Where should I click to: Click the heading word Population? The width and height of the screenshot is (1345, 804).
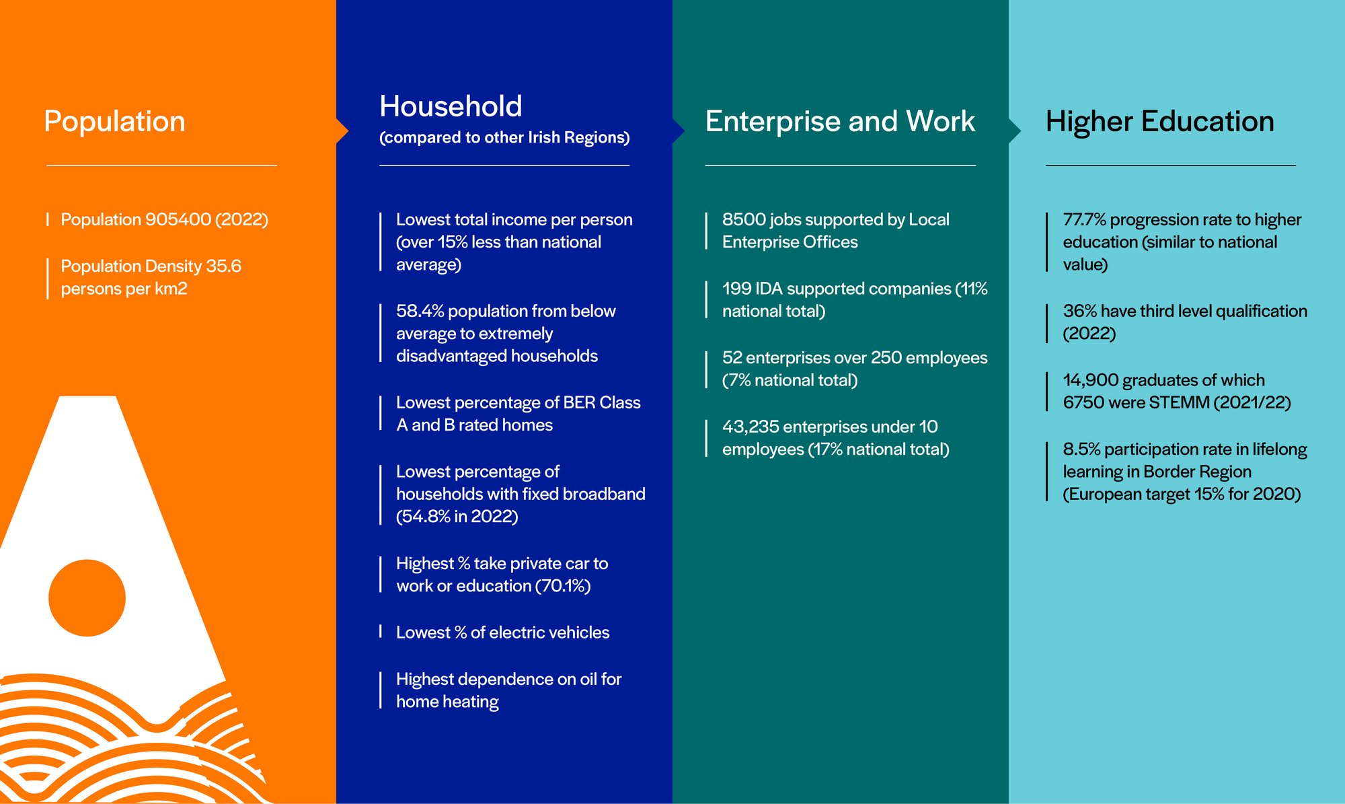click(x=114, y=122)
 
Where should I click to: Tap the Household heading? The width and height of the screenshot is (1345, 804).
click(x=451, y=106)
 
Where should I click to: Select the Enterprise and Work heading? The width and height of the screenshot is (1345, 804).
click(x=840, y=122)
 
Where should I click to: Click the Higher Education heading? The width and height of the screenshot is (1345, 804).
click(x=1160, y=122)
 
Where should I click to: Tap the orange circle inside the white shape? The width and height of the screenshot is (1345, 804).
click(x=87, y=597)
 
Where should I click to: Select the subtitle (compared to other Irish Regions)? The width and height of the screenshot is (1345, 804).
click(x=504, y=137)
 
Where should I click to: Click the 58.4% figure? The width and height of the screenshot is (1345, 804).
click(x=420, y=311)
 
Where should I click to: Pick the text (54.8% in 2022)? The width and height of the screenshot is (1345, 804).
click(x=457, y=516)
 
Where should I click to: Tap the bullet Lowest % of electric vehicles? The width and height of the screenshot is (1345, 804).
click(x=502, y=632)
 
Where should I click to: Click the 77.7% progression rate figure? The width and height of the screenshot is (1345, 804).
click(x=1084, y=220)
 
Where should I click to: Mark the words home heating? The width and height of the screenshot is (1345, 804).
click(x=447, y=702)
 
